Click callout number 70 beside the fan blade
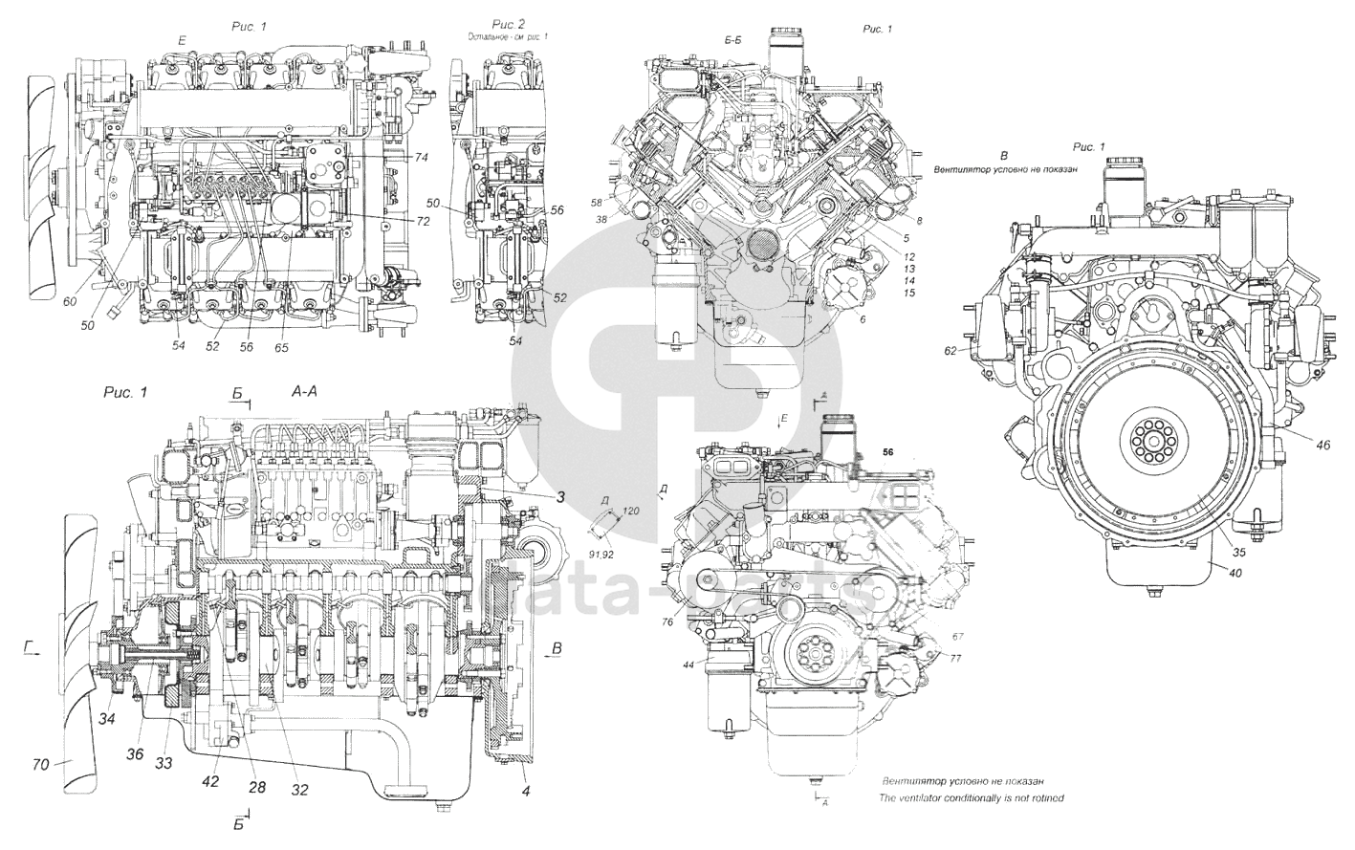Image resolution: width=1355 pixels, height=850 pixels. point(40,764)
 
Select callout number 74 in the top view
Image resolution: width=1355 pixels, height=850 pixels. point(422,155)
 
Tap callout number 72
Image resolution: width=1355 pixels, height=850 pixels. point(422,221)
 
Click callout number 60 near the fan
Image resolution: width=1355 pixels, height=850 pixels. point(70,301)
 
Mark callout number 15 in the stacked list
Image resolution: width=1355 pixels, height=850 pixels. point(908,293)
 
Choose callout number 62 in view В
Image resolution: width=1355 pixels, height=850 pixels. point(951,351)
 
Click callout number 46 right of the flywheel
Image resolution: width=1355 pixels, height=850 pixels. point(1296,445)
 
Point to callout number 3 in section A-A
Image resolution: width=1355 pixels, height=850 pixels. point(562,495)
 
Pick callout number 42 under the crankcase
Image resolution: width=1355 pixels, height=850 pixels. point(210,780)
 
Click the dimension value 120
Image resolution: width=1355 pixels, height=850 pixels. point(630,512)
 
